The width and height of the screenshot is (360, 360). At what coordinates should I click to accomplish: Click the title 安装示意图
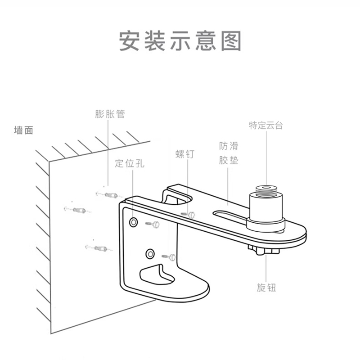click(x=180, y=41)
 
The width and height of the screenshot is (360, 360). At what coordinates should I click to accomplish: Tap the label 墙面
click(x=24, y=130)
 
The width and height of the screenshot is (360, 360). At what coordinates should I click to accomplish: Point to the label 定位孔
click(x=129, y=163)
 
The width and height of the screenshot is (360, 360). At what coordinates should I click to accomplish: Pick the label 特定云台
click(x=266, y=126)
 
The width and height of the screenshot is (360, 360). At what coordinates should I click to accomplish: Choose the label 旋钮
click(x=266, y=288)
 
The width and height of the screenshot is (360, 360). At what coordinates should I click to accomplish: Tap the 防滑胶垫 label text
click(x=229, y=153)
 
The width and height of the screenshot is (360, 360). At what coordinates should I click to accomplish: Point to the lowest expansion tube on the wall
click(x=98, y=247)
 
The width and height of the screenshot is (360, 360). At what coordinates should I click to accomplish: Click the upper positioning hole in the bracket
click(x=134, y=222)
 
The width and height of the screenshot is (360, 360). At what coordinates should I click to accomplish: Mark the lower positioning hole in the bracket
click(x=150, y=254)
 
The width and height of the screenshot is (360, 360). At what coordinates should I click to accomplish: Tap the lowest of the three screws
click(x=170, y=257)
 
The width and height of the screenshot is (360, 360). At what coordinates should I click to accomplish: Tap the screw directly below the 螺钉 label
click(x=190, y=215)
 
